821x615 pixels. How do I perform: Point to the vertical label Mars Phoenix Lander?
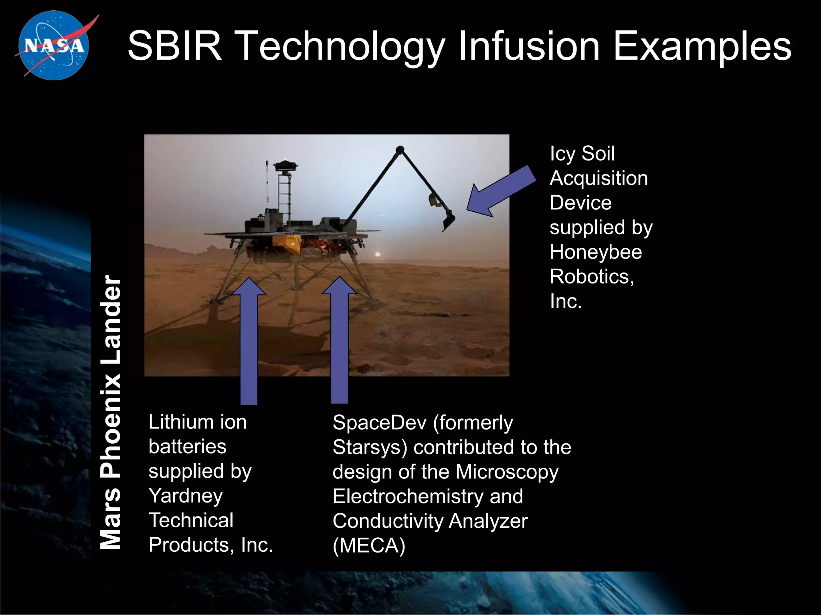click(x=110, y=412)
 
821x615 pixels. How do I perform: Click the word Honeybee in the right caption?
click(x=596, y=252)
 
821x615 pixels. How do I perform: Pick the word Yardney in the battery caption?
click(x=186, y=496)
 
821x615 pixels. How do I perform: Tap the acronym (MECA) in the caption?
click(x=369, y=545)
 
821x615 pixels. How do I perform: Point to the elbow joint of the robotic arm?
click(x=400, y=150)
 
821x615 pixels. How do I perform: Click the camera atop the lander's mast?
click(x=285, y=165)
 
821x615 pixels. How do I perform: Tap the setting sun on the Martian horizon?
click(x=377, y=254)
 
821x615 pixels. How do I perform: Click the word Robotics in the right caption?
click(x=592, y=277)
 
